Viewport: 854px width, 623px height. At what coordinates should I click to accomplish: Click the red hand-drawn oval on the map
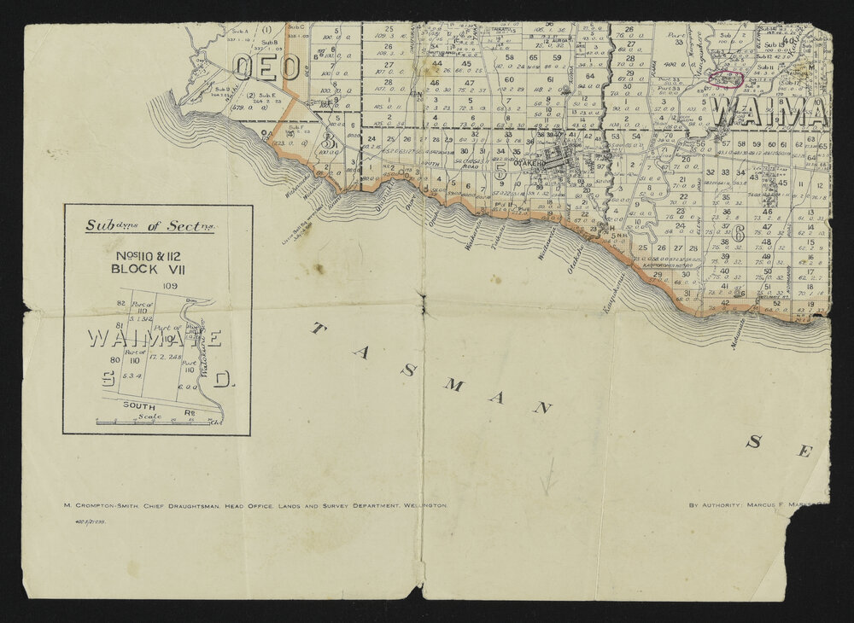(726, 78)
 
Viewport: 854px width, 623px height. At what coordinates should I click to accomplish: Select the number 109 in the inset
(169, 286)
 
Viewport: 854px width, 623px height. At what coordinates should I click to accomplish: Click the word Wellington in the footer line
(424, 505)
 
